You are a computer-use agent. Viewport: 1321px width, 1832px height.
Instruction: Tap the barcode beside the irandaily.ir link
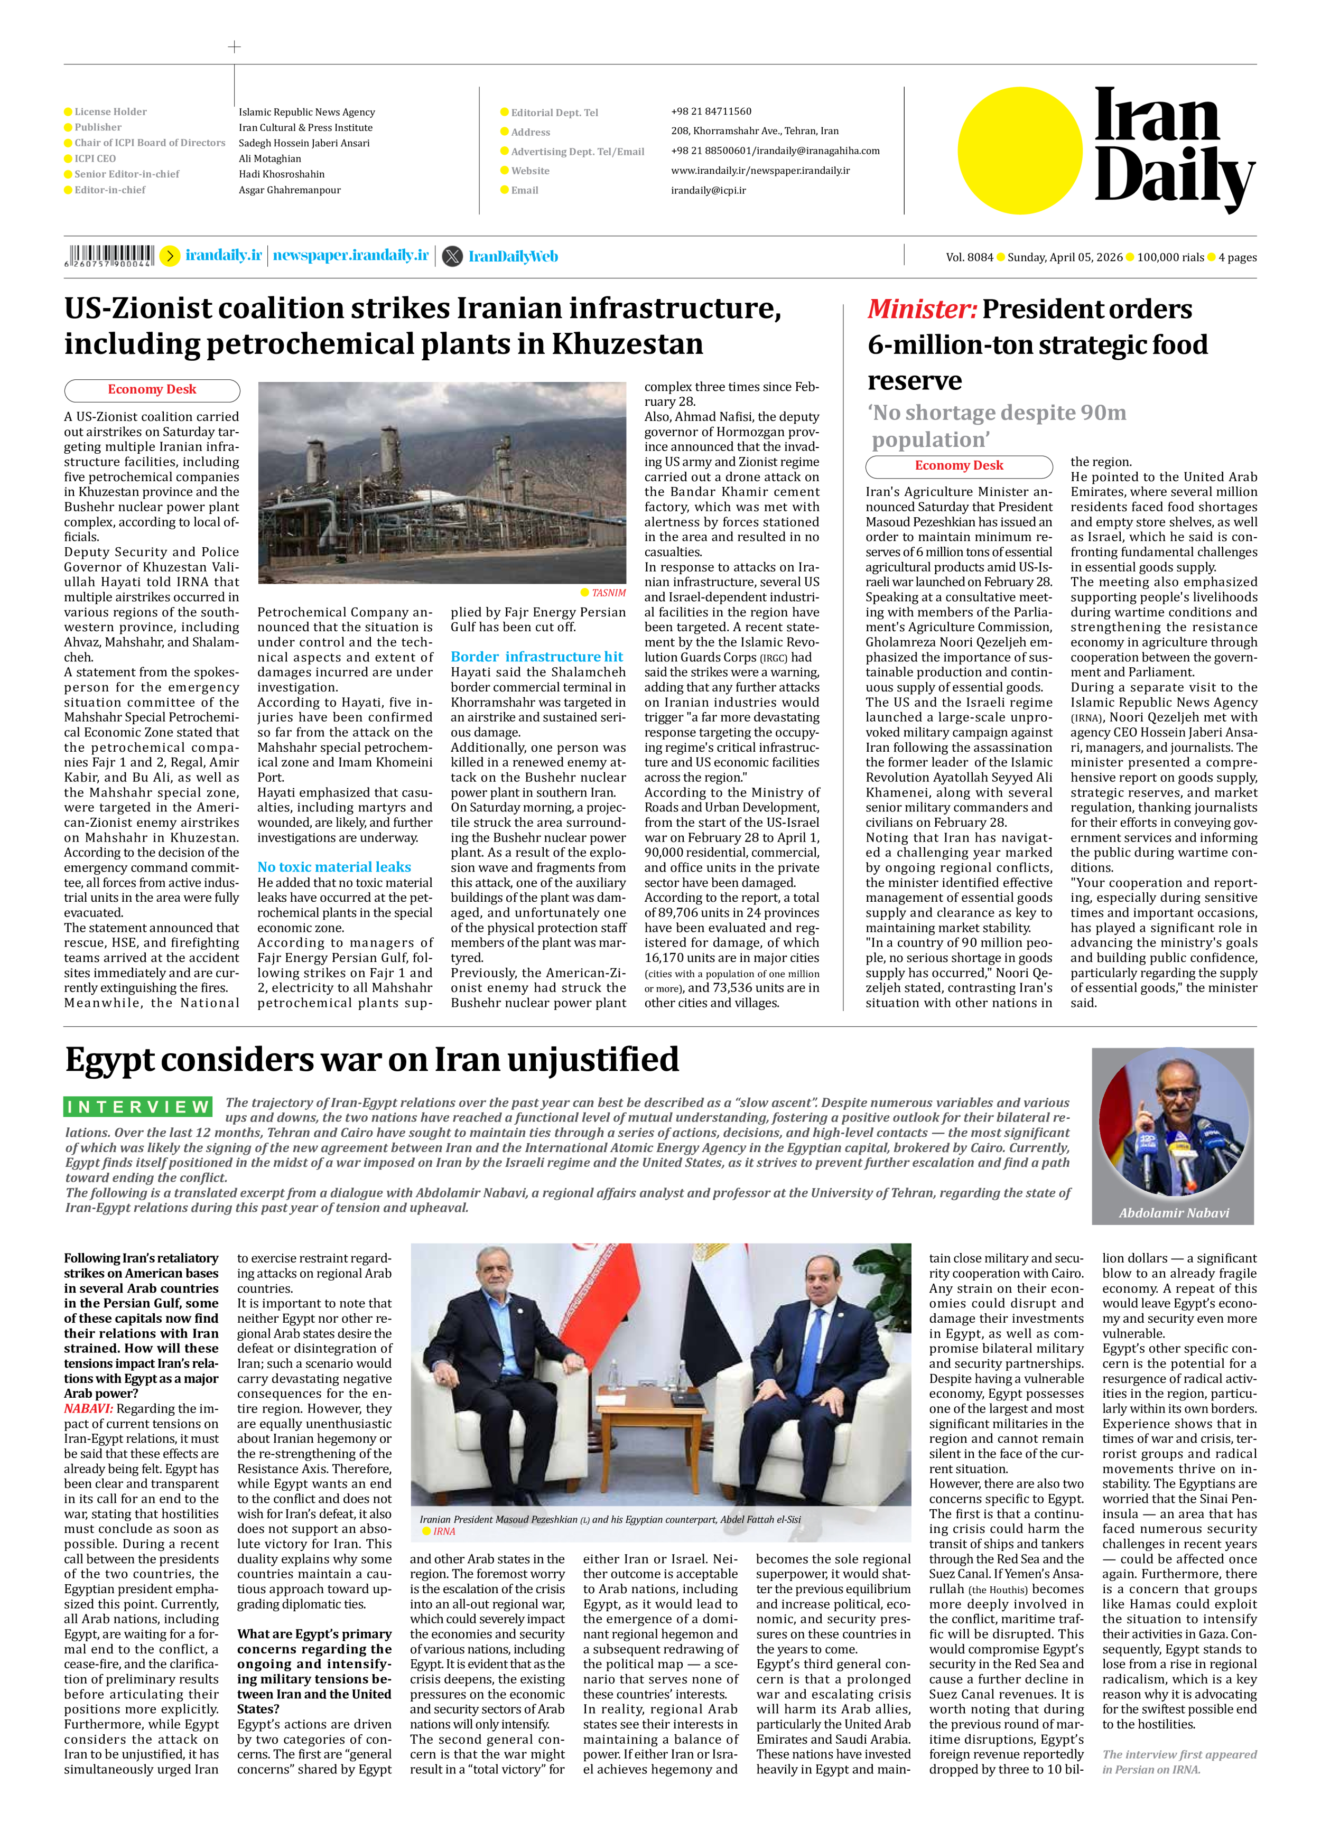point(109,255)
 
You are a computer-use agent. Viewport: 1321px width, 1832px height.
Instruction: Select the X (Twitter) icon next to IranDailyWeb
point(453,256)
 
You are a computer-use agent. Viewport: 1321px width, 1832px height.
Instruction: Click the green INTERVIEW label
point(138,1107)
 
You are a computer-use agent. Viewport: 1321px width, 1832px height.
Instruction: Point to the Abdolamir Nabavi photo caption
point(1173,1212)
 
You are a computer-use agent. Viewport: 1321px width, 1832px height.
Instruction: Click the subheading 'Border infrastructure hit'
point(536,657)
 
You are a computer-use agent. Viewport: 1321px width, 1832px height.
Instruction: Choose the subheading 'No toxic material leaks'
point(333,867)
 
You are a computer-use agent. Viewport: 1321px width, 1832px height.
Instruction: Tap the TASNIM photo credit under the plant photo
point(608,593)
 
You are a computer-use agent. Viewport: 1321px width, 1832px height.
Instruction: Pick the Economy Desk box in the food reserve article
point(959,466)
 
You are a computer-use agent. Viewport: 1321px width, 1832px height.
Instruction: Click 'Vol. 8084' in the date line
point(969,258)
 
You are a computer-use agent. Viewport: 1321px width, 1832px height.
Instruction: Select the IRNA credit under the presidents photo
point(443,1531)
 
